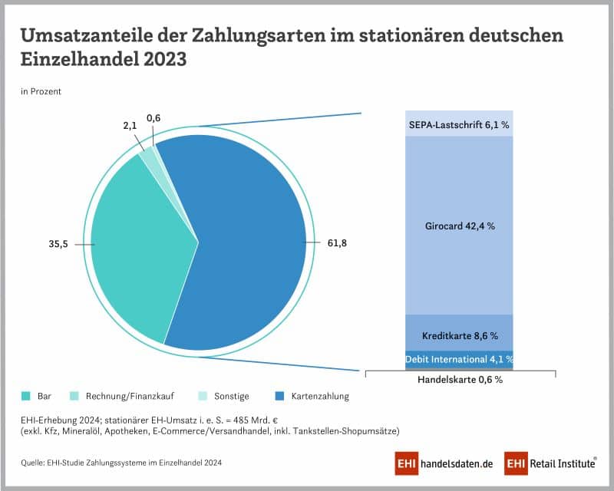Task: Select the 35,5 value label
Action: [x=59, y=245]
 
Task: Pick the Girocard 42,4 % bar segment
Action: [x=459, y=226]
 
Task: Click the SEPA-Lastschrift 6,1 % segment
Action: [x=459, y=124]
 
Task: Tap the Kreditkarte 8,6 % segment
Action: [x=459, y=335]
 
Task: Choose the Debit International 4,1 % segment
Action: [x=459, y=358]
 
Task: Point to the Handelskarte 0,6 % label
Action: [x=459, y=379]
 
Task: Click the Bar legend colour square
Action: [x=25, y=397]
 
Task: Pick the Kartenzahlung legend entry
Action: [x=314, y=397]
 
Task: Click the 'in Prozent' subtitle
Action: [x=41, y=91]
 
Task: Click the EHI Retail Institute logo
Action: [x=550, y=463]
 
